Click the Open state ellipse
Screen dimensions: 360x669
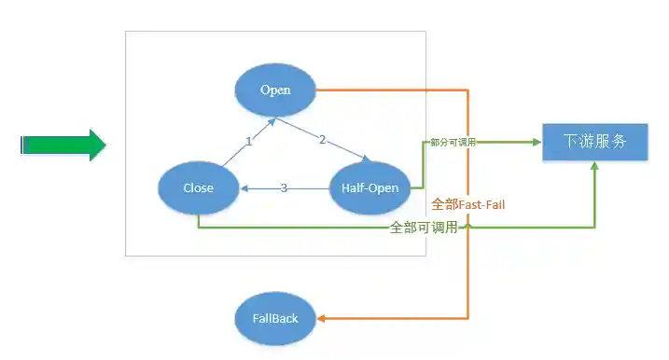tap(275, 90)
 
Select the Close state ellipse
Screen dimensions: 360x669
tap(198, 187)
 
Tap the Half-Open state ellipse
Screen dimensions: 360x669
tap(370, 187)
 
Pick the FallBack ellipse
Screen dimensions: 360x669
tap(275, 318)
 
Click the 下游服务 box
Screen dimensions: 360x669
tap(594, 143)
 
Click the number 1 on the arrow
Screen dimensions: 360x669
tap(249, 142)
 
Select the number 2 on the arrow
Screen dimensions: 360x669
tap(322, 140)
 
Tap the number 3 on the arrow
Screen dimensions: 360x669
tap(284, 188)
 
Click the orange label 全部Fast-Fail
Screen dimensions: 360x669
tap(468, 204)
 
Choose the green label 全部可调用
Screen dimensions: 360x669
tap(424, 227)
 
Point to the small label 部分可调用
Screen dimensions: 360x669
tap(453, 143)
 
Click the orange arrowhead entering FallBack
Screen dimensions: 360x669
tap(322, 318)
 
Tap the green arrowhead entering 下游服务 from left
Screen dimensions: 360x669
tap(537, 143)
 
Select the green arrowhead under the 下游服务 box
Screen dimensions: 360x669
tap(594, 168)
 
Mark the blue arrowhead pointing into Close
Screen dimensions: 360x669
tap(244, 188)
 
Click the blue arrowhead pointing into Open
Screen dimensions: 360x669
tap(272, 120)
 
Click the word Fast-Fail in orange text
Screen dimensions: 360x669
tap(481, 204)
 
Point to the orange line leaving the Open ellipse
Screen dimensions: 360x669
tap(392, 90)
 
